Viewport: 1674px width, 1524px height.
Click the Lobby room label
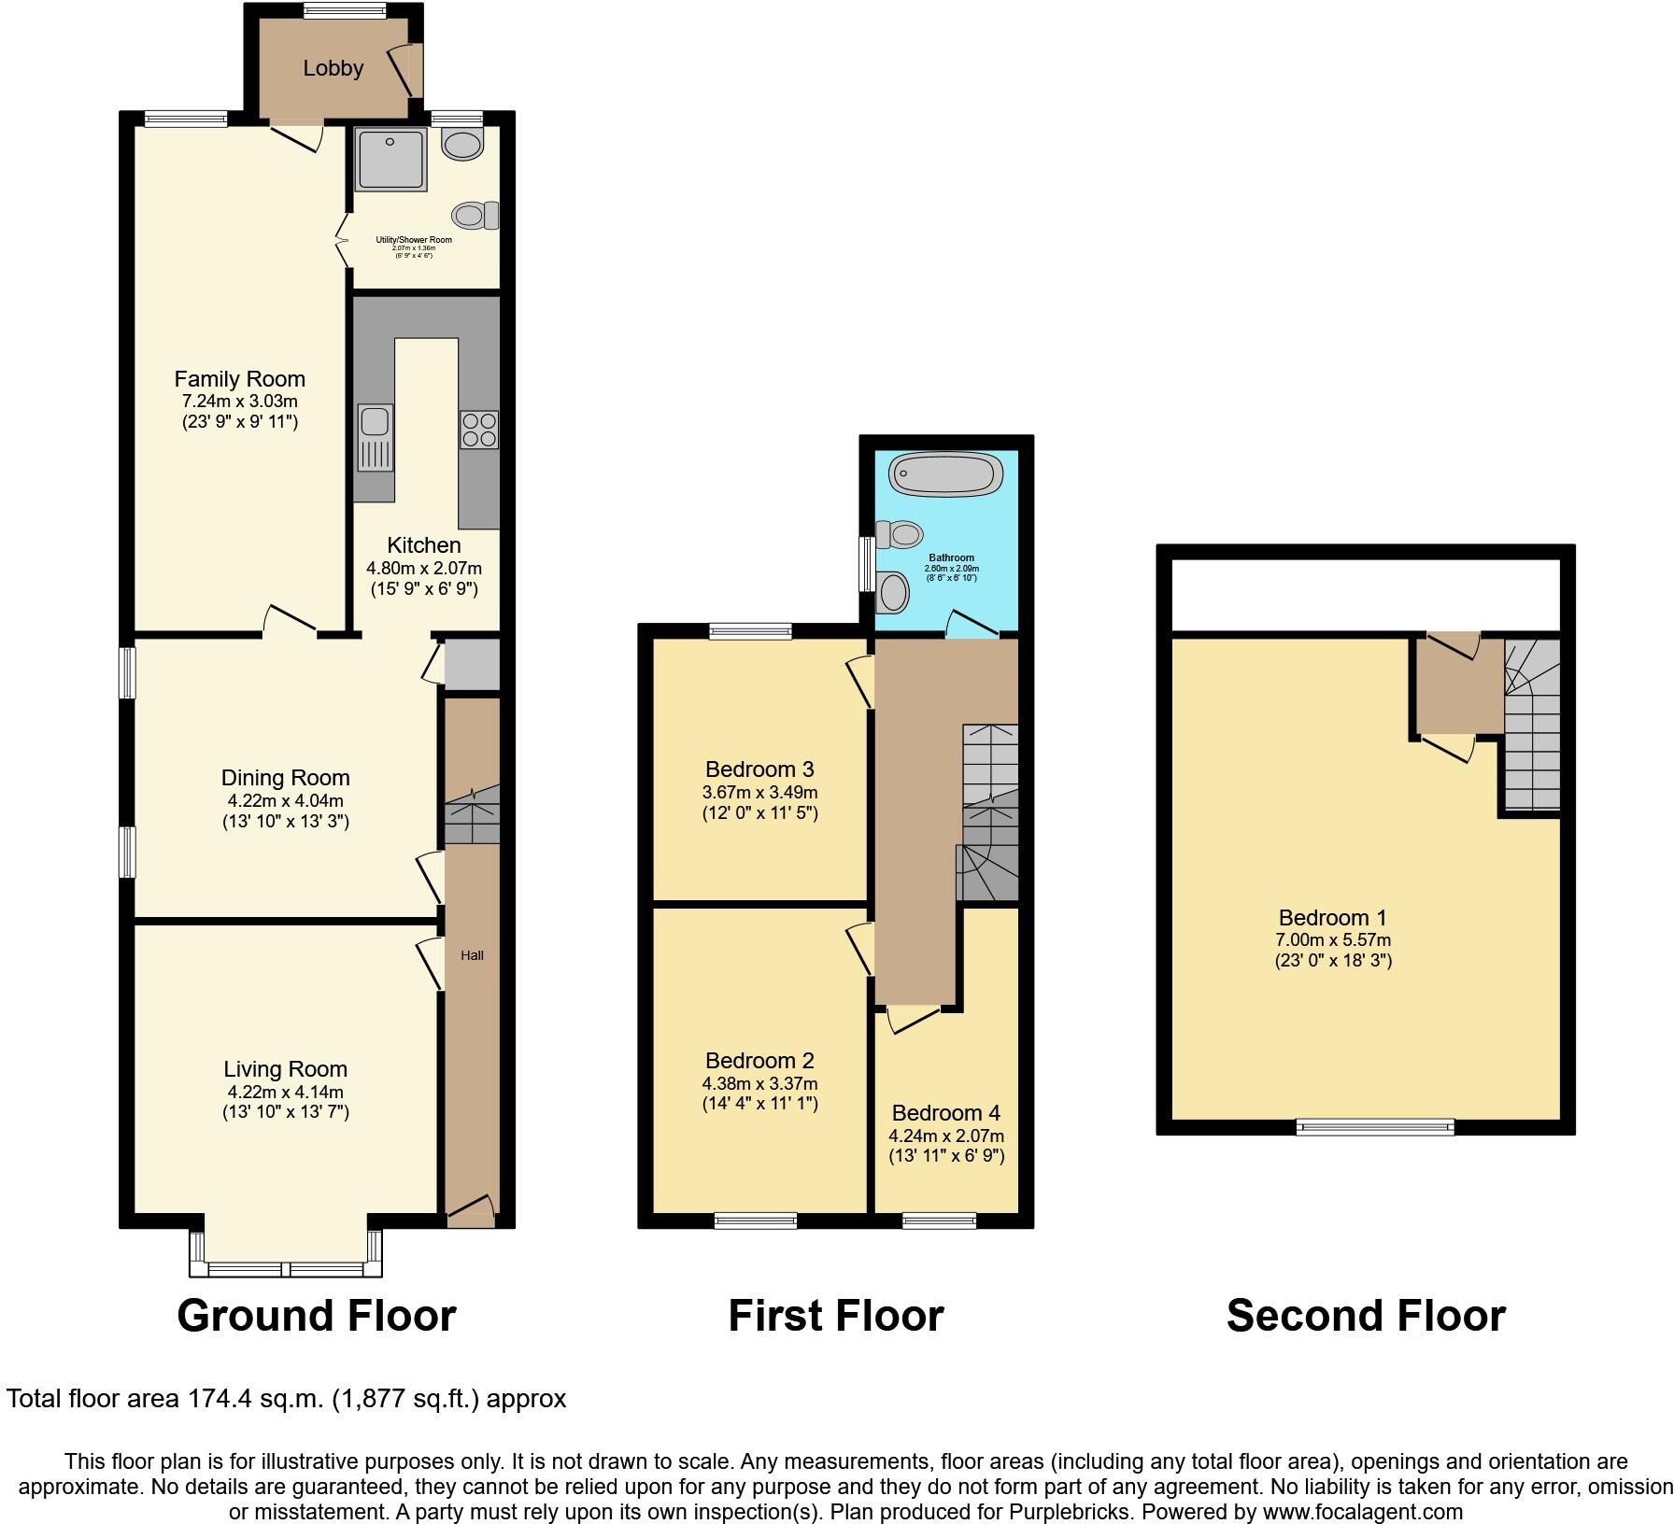(x=333, y=68)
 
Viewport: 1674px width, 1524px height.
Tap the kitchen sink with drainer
(x=375, y=437)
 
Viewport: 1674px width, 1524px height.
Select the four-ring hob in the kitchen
(x=478, y=430)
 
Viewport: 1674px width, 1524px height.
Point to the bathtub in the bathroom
(x=946, y=474)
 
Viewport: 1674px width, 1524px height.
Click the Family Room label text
(x=239, y=379)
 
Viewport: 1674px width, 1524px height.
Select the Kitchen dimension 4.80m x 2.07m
(x=423, y=568)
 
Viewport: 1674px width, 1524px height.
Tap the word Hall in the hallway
(x=472, y=955)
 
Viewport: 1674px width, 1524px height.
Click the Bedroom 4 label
(x=945, y=1113)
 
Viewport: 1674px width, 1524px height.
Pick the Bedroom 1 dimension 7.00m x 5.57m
(x=1333, y=940)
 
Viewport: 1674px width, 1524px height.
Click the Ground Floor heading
(x=316, y=1316)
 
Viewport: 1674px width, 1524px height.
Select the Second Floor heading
(x=1365, y=1316)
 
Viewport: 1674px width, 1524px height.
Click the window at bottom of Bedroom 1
(x=1375, y=1127)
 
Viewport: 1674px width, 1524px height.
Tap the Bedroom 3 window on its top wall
(x=750, y=631)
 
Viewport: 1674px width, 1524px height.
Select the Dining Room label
(x=285, y=778)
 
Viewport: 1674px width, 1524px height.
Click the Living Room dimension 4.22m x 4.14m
(x=285, y=1092)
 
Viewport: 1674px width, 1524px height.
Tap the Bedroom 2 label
(x=759, y=1061)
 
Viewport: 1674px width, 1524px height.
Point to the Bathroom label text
(x=951, y=558)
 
